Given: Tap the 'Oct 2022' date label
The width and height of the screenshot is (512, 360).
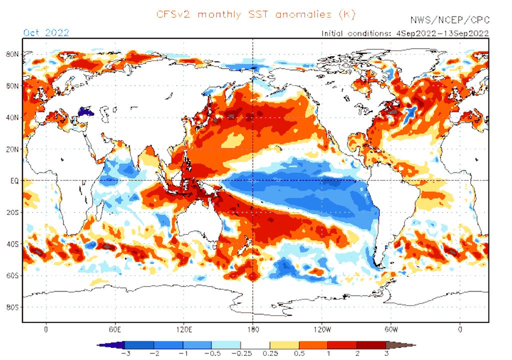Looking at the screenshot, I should (x=46, y=33).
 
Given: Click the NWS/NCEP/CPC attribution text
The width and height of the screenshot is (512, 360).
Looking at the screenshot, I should (x=449, y=20).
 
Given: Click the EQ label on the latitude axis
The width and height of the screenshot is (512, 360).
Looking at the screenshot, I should (x=14, y=180).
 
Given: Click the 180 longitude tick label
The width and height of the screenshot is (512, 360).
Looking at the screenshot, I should (x=253, y=329).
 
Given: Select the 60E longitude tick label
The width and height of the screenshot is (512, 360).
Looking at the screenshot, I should (x=115, y=329).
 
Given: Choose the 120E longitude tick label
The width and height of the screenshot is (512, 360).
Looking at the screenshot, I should (x=184, y=329).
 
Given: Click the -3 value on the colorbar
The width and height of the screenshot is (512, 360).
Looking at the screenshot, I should (x=124, y=353).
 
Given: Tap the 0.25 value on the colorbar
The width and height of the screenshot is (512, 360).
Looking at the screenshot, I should (x=270, y=353).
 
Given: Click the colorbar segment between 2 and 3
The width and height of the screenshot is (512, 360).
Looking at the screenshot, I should (x=371, y=345).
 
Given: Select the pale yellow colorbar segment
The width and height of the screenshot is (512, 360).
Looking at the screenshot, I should (x=284, y=345).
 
